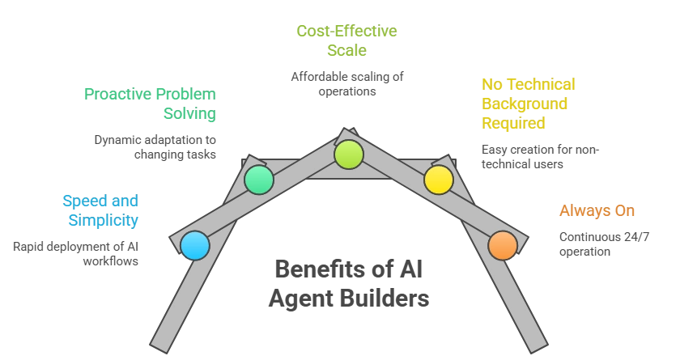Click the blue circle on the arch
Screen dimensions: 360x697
195,245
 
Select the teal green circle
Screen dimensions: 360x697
259,180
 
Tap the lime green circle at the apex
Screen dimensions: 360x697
349,154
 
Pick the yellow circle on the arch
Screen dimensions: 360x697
439,180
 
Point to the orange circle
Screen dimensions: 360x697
503,245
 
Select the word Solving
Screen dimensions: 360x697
190,114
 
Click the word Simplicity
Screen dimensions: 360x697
103,220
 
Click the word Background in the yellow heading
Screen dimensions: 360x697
524,104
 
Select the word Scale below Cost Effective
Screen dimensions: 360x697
347,51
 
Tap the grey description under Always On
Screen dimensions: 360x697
604,243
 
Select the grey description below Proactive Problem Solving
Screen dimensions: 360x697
155,146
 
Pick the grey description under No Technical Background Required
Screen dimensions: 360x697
538,155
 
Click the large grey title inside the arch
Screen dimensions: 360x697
349,284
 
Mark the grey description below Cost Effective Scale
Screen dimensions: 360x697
347,84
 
